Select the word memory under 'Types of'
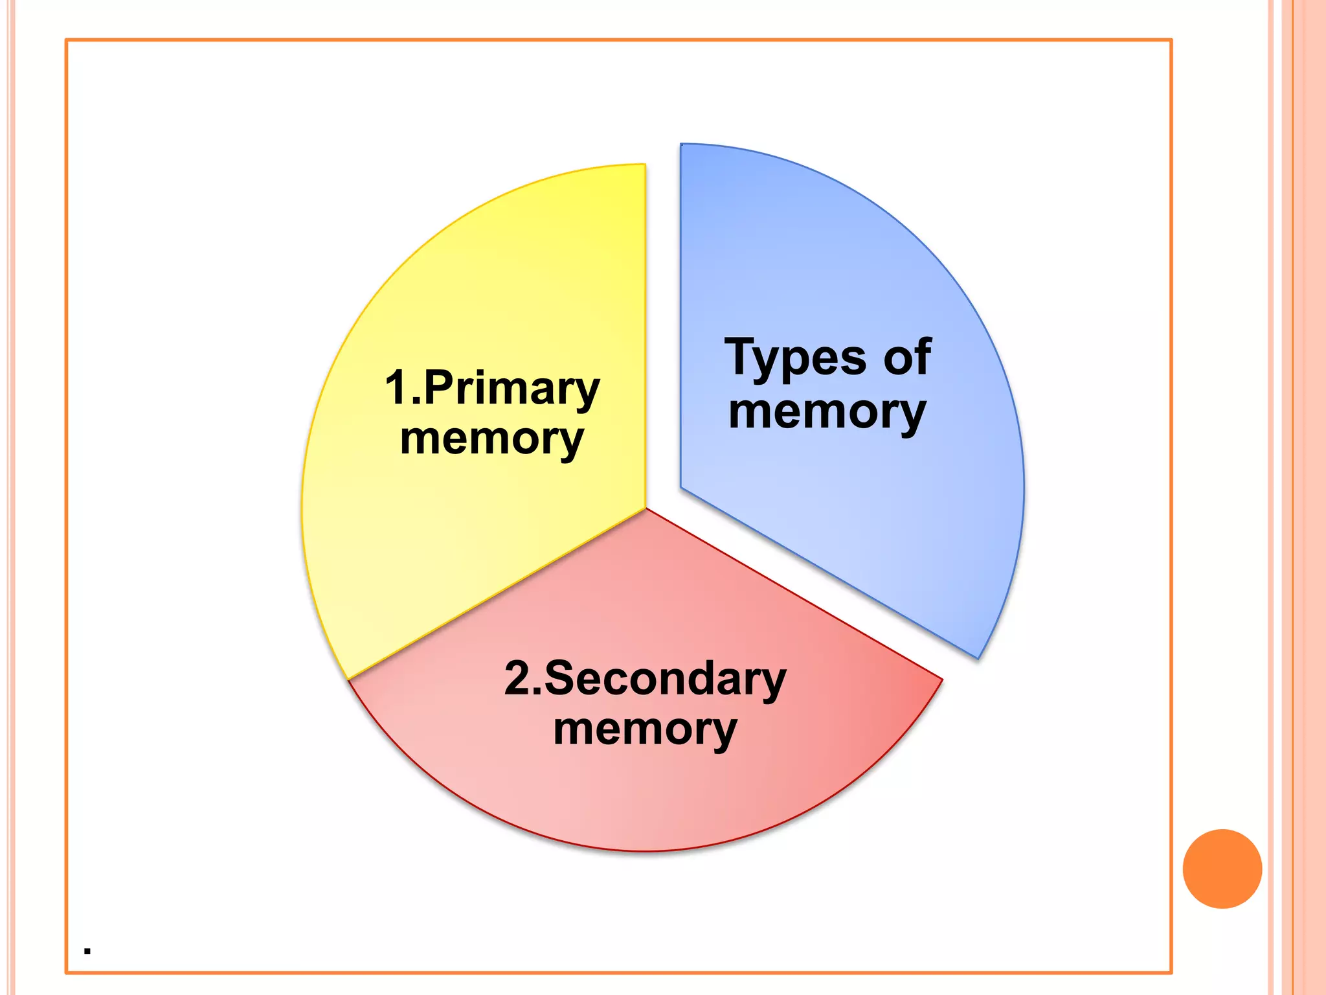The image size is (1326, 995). [827, 413]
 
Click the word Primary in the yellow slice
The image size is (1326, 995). [512, 389]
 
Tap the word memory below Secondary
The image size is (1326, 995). [645, 730]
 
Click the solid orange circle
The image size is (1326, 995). [1222, 869]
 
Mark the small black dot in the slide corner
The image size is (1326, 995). [87, 952]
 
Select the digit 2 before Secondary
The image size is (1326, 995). [519, 678]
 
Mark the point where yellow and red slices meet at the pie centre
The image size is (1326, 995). [646, 509]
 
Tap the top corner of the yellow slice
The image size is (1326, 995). [644, 166]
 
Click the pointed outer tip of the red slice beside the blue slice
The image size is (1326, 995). [941, 680]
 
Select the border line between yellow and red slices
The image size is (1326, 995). [497, 594]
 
